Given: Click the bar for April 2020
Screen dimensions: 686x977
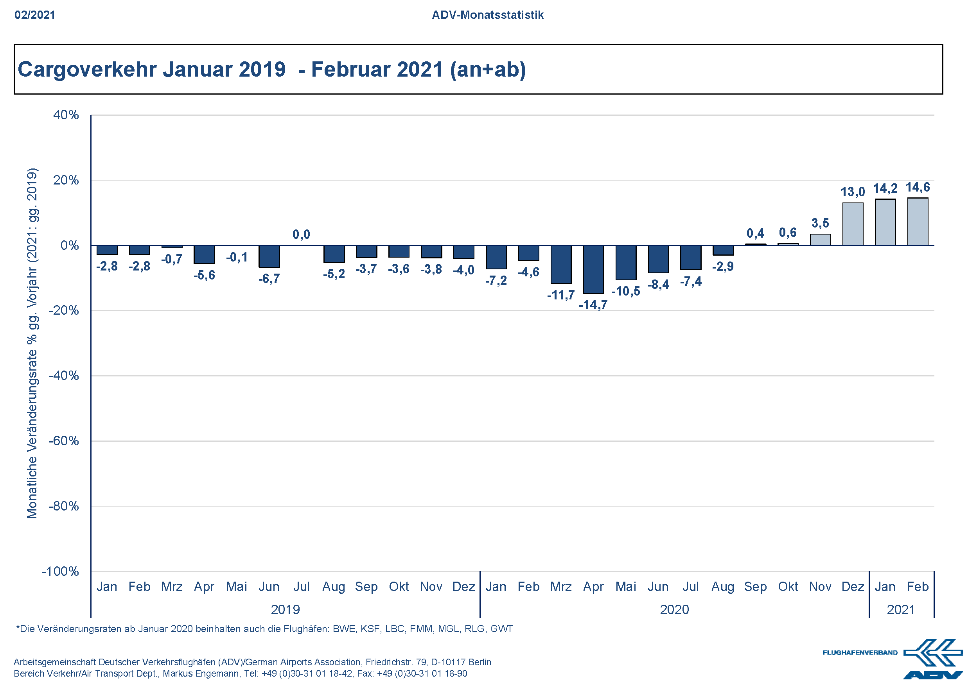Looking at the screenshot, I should coord(593,269).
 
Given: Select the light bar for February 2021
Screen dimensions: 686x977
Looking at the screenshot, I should coord(918,222).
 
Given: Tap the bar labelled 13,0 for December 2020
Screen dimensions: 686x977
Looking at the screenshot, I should coord(853,224).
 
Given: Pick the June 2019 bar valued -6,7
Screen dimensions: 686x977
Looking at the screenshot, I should coord(269,256).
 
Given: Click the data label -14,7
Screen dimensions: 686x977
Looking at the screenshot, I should coord(593,304).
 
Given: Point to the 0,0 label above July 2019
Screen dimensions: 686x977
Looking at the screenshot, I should coord(301,235).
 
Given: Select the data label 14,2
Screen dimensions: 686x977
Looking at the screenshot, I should coord(885,188).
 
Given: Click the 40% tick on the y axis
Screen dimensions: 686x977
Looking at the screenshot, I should coord(66,115).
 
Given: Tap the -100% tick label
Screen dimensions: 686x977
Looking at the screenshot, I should coord(60,571).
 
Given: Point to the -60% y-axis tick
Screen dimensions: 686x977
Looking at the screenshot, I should coord(64,441).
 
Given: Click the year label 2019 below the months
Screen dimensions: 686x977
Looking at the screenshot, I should coord(285,609).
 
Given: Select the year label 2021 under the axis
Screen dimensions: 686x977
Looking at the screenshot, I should coord(900,609).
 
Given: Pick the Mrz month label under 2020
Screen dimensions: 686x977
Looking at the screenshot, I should coord(561,587).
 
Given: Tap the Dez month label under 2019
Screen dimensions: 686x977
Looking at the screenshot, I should coord(463,587).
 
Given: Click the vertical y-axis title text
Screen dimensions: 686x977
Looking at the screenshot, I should coord(32,343).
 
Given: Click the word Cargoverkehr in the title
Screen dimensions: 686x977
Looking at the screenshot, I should coord(87,69).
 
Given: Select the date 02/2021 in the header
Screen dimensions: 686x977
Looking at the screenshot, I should coord(35,15).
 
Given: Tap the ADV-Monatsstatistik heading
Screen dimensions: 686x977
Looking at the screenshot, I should coord(488,15).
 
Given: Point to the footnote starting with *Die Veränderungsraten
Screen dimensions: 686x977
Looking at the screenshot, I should coord(264,629).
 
